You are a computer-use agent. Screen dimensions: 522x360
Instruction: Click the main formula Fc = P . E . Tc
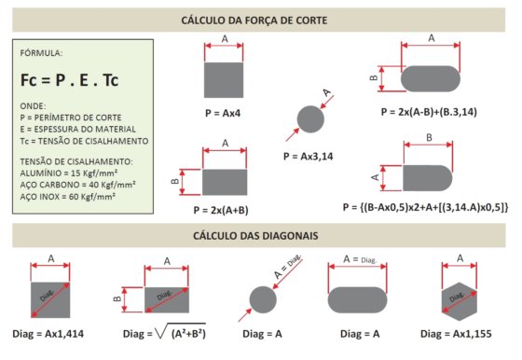point(69,80)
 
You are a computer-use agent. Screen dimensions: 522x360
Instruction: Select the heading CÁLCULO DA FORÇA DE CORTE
point(254,20)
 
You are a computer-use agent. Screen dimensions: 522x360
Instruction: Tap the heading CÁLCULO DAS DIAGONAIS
point(255,235)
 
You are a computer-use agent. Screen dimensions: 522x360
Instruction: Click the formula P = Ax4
point(223,113)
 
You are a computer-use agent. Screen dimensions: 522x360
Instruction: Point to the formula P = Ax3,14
point(309,156)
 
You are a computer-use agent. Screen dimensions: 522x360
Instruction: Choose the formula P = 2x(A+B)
point(221,210)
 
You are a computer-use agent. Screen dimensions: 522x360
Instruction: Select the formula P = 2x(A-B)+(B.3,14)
point(429,112)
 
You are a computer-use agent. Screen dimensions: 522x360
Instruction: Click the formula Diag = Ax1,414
point(48,334)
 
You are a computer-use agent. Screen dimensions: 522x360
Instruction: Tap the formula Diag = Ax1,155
point(456,334)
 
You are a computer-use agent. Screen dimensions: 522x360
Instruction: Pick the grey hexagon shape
point(460,302)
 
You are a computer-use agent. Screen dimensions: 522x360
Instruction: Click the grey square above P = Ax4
point(224,80)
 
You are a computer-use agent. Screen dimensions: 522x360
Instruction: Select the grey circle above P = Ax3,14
point(310,119)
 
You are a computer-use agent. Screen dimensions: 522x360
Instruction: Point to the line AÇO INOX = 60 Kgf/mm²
point(67,197)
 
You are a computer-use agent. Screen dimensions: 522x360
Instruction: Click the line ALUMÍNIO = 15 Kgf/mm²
point(69,173)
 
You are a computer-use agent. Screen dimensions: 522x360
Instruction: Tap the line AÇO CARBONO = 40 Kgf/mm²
point(77,185)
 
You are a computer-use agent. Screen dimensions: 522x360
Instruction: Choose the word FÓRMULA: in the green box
point(41,53)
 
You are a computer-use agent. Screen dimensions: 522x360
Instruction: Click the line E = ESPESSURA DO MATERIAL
point(78,130)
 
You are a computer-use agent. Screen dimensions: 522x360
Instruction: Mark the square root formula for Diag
point(164,332)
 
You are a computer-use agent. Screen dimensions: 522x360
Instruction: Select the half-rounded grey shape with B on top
point(428,178)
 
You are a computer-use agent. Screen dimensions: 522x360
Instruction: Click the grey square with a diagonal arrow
point(50,300)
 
